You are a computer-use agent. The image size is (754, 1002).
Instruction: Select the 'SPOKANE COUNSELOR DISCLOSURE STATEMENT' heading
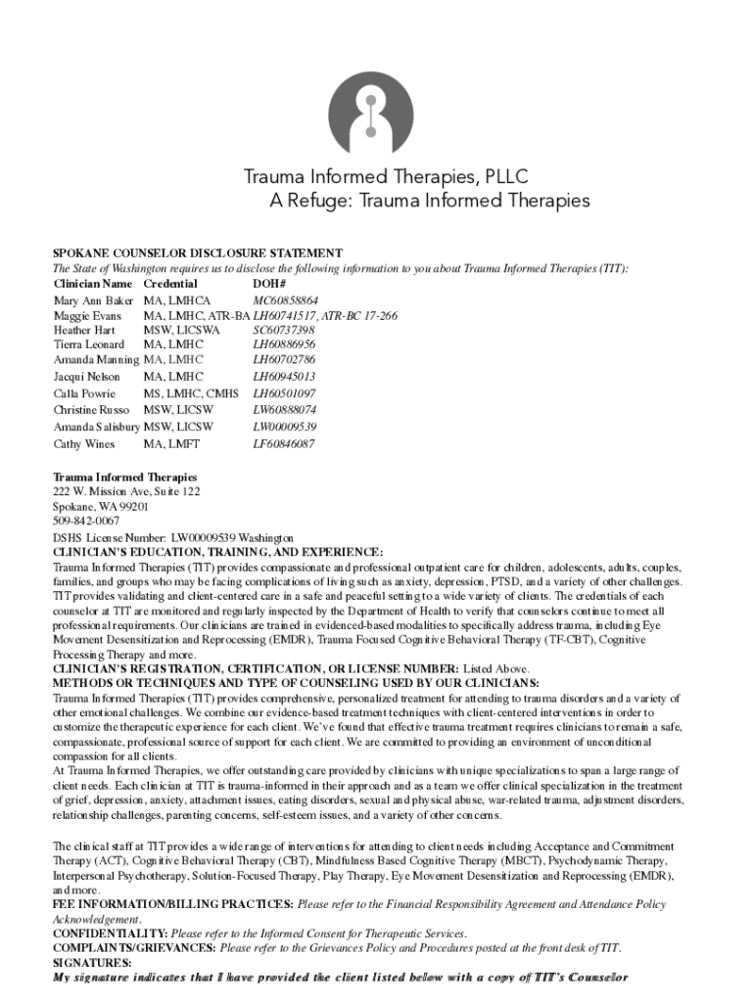pyautogui.click(x=197, y=252)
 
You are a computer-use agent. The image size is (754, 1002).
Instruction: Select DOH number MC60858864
pyautogui.click(x=286, y=300)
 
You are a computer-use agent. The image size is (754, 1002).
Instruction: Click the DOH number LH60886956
pyautogui.click(x=284, y=345)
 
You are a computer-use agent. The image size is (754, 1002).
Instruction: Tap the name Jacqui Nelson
pyautogui.click(x=86, y=377)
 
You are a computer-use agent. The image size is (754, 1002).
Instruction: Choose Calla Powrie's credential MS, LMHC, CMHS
pyautogui.click(x=191, y=393)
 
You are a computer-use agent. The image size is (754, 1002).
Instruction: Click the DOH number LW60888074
pyautogui.click(x=285, y=410)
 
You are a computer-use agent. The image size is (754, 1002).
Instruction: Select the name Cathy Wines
pyautogui.click(x=83, y=444)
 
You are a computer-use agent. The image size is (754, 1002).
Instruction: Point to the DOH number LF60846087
pyautogui.click(x=284, y=444)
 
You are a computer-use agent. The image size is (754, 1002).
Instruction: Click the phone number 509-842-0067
pyautogui.click(x=87, y=523)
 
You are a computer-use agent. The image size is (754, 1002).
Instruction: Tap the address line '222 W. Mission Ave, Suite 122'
pyautogui.click(x=126, y=492)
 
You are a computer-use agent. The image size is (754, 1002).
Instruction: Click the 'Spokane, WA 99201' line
pyautogui.click(x=100, y=508)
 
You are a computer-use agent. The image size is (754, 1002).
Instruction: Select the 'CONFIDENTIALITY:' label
pyautogui.click(x=110, y=934)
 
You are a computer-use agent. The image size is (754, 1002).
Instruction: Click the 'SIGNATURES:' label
pyautogui.click(x=91, y=963)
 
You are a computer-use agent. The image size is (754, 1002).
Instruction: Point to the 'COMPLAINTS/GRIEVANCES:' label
pyautogui.click(x=134, y=948)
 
